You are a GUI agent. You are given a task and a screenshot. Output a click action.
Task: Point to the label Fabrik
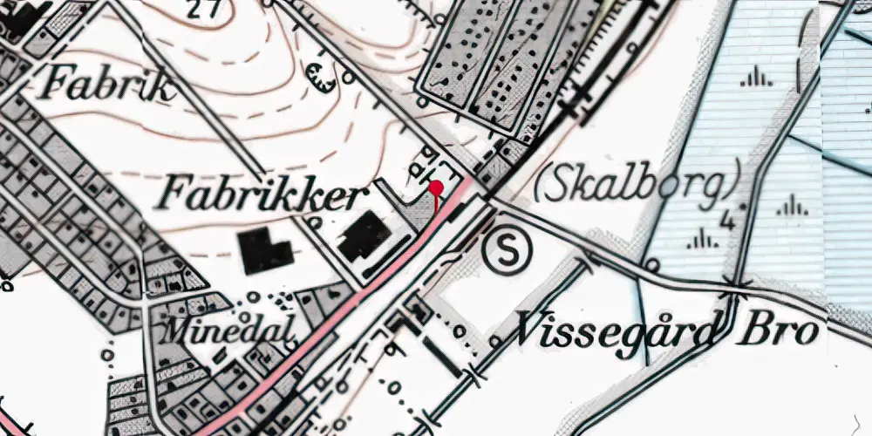coord(109,85)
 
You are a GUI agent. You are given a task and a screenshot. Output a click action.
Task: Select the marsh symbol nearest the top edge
coord(755,78)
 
